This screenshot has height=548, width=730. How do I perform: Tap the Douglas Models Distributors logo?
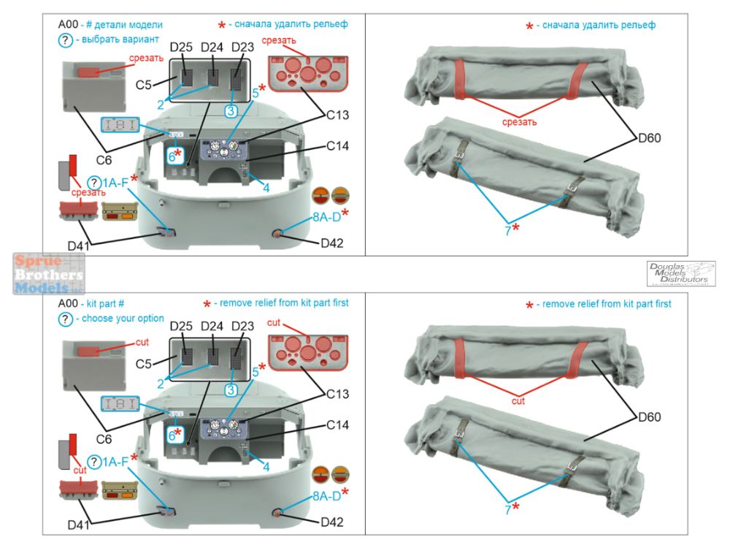coord(681,273)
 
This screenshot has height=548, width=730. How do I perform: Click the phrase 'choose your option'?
coord(122,319)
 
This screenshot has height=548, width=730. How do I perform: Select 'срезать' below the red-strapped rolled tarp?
coord(518,121)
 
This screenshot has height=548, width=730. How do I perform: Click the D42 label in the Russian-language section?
coord(331,243)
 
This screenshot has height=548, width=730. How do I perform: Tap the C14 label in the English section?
coord(337,425)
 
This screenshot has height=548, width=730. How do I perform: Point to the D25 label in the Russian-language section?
coord(182,47)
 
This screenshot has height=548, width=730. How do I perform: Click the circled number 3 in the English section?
coord(231,391)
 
